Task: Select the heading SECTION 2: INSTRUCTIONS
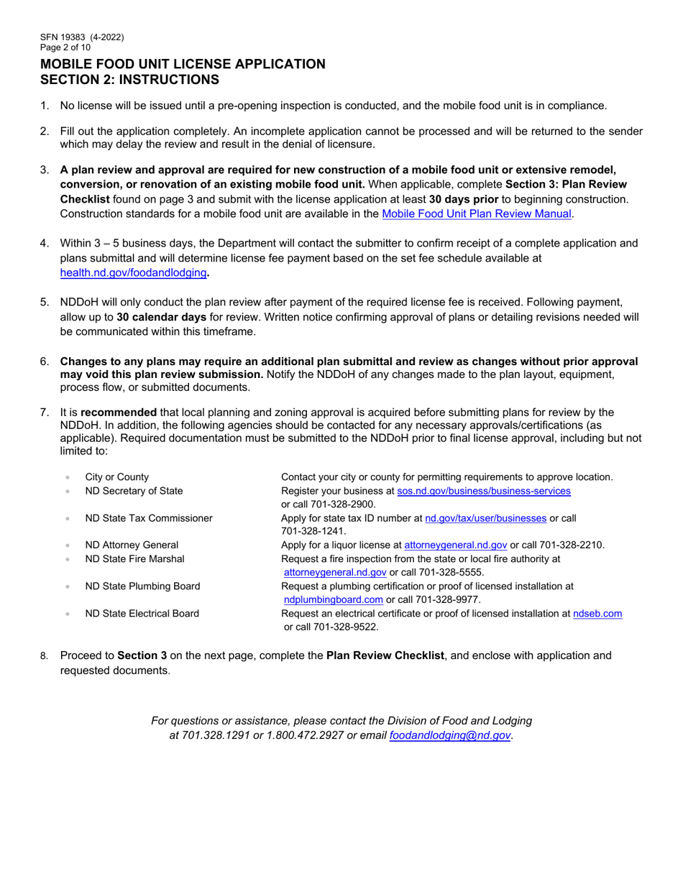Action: pyautogui.click(x=129, y=80)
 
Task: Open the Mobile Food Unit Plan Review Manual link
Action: pyautogui.click(x=477, y=213)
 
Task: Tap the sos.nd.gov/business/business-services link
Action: pyautogui.click(x=484, y=491)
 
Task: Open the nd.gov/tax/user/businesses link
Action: pyautogui.click(x=486, y=517)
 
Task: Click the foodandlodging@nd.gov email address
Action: pyautogui.click(x=449, y=735)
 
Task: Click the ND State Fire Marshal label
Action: pyautogui.click(x=134, y=558)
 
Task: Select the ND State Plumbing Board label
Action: pyautogui.click(x=142, y=586)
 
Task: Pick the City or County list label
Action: pyautogui.click(x=117, y=476)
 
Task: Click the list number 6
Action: pyautogui.click(x=45, y=362)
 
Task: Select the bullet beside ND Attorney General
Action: pyautogui.click(x=68, y=545)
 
